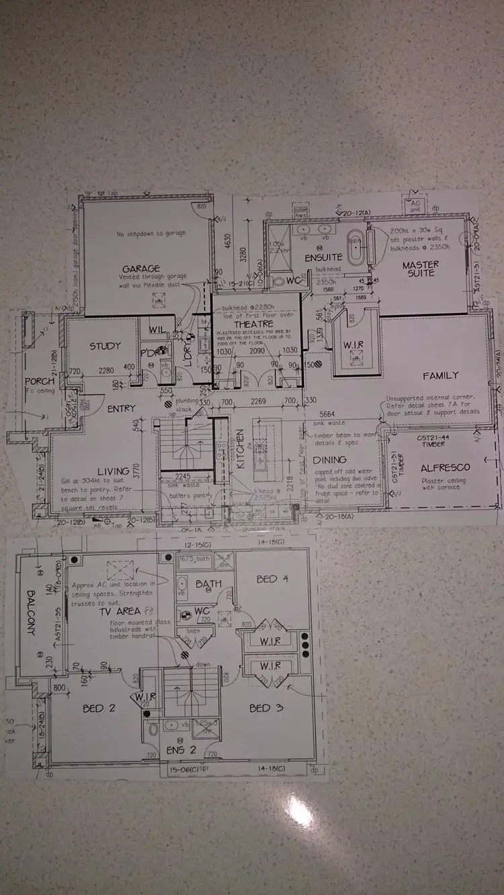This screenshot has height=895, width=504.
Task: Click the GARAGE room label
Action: [140, 269]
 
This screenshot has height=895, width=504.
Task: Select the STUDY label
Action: [106, 346]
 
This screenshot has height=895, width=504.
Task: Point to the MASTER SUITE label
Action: [421, 269]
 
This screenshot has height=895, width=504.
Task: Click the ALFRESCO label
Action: [445, 467]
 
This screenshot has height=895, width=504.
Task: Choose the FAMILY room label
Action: [440, 375]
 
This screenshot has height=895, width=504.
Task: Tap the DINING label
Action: [329, 460]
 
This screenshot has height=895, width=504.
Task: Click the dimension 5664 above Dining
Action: [327, 414]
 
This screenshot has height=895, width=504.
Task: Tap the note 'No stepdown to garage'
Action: [151, 234]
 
